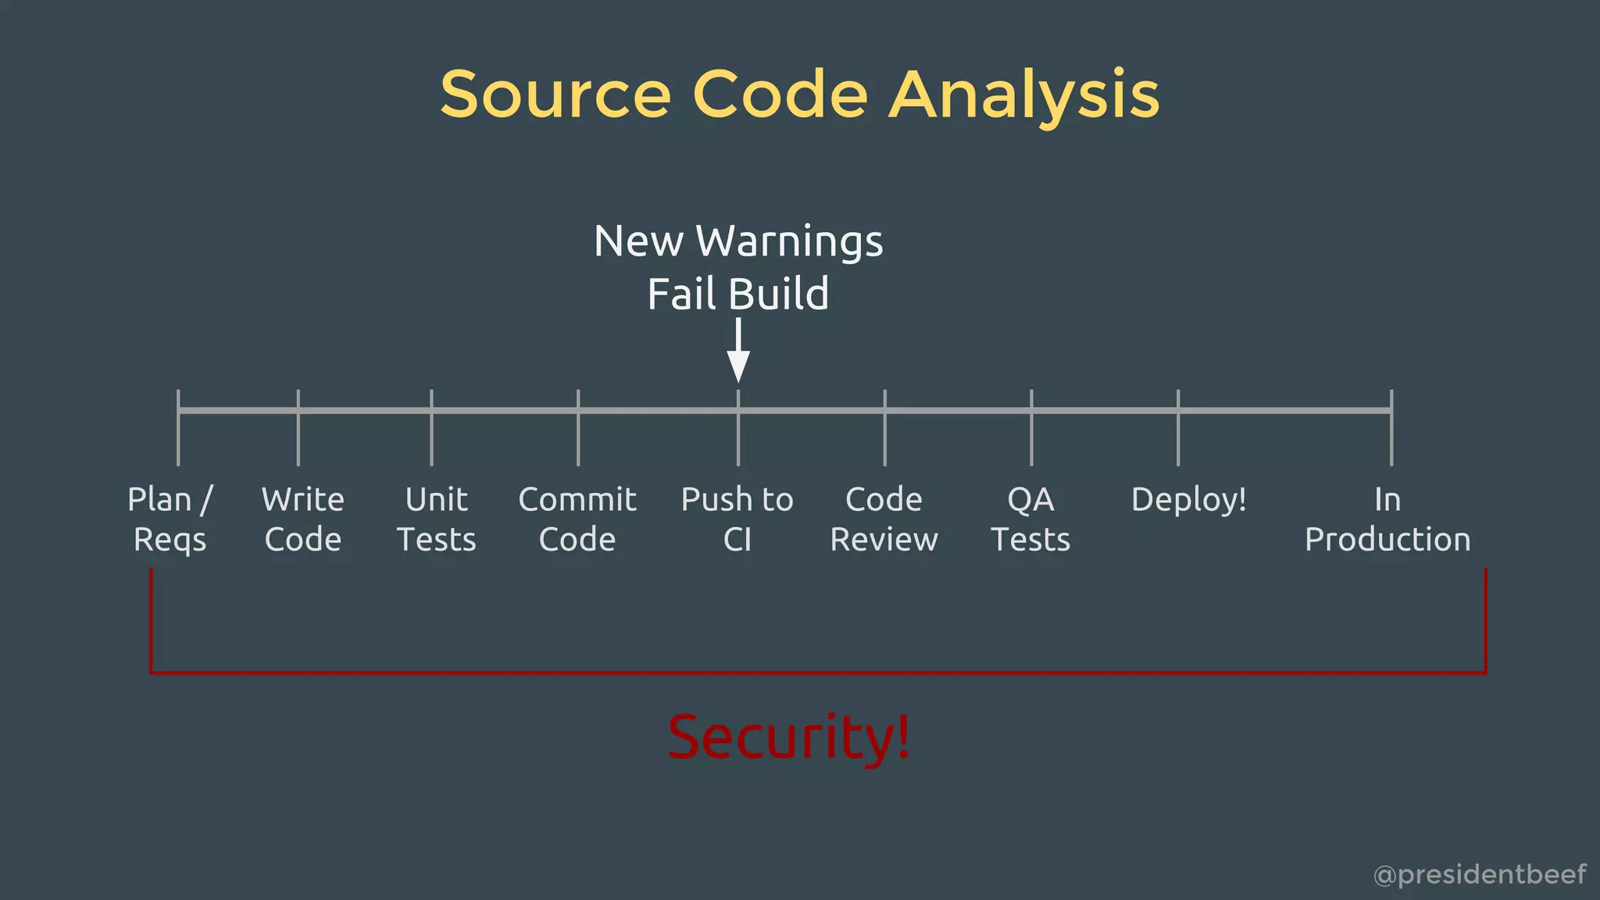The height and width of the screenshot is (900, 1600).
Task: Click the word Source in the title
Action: point(555,95)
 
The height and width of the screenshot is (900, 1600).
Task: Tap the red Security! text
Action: point(789,737)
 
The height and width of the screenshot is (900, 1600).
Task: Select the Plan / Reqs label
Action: point(170,519)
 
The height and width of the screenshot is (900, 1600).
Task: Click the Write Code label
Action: point(303,519)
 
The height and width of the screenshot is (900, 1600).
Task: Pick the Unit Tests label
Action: point(436,519)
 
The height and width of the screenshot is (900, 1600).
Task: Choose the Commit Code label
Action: point(577,519)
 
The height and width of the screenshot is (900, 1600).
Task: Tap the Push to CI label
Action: point(737,519)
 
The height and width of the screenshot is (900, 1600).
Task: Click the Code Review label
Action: point(884,519)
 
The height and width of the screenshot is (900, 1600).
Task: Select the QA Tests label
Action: point(1030,519)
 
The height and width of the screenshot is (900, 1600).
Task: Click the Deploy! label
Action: point(1188,500)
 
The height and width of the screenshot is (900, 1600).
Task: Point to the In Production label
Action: point(1387,519)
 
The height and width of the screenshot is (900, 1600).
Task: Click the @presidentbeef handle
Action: point(1479,874)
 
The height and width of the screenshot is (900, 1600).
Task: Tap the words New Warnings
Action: point(738,241)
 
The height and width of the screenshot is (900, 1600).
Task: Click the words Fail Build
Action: point(738,294)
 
